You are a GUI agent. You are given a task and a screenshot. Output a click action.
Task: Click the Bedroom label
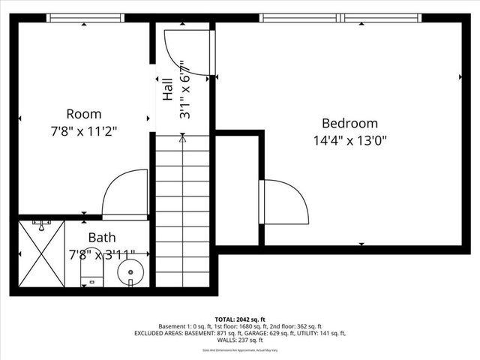pos(349,123)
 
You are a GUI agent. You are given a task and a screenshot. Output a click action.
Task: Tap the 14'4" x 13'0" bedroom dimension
pos(349,139)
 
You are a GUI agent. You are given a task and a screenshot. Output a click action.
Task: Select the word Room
pos(83,114)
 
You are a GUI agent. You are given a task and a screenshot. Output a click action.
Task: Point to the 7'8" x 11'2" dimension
pos(83,130)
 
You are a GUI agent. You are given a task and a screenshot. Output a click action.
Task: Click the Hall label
pos(168,88)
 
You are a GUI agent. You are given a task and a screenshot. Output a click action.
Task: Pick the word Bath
pos(101,238)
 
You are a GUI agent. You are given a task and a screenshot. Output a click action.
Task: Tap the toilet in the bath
pos(91,272)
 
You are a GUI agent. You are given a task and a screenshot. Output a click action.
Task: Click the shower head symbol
pos(40,223)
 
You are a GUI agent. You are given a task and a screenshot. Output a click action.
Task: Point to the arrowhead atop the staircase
pos(183,137)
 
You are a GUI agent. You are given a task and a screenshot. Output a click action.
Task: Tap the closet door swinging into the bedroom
pos(285,201)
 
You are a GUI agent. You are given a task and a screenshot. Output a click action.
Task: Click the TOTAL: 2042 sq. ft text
pos(240,319)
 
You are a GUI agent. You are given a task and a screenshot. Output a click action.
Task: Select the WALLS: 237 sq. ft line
pos(240,340)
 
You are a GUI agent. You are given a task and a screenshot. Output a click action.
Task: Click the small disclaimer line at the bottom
pos(240,349)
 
